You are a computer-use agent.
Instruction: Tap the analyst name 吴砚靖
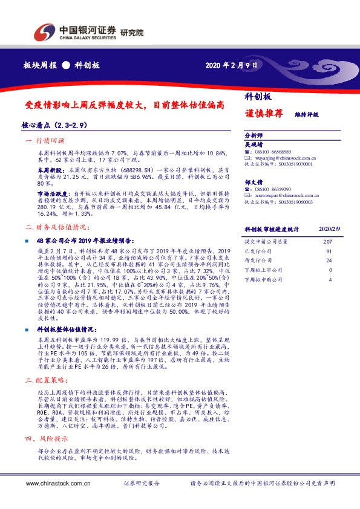click(x=254, y=144)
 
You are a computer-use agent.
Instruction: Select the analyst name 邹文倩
click(x=254, y=181)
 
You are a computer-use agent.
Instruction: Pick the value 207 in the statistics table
click(x=328, y=241)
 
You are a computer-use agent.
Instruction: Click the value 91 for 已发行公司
click(x=329, y=251)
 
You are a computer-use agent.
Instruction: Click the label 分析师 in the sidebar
click(x=254, y=135)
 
